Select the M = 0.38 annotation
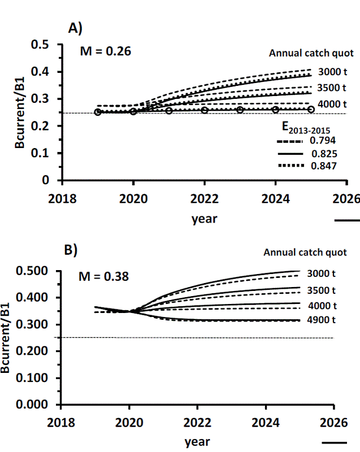click(x=103, y=277)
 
